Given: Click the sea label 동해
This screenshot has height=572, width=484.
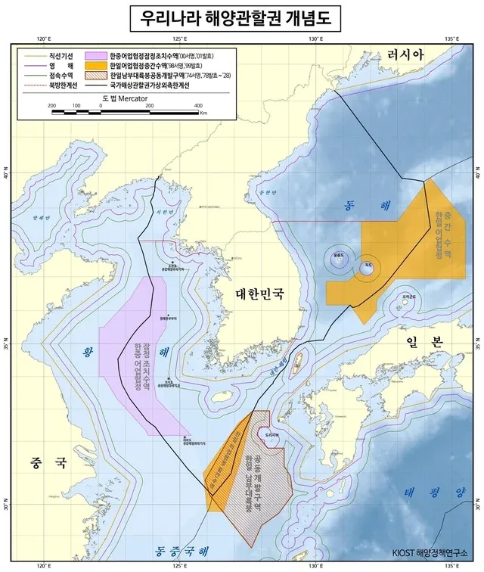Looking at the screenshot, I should [x=359, y=206].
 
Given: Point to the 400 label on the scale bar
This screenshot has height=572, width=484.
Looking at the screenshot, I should [x=197, y=106].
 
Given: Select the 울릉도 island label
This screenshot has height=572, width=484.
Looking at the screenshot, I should [x=338, y=255].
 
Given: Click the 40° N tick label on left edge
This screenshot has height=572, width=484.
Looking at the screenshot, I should [x=9, y=176].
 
